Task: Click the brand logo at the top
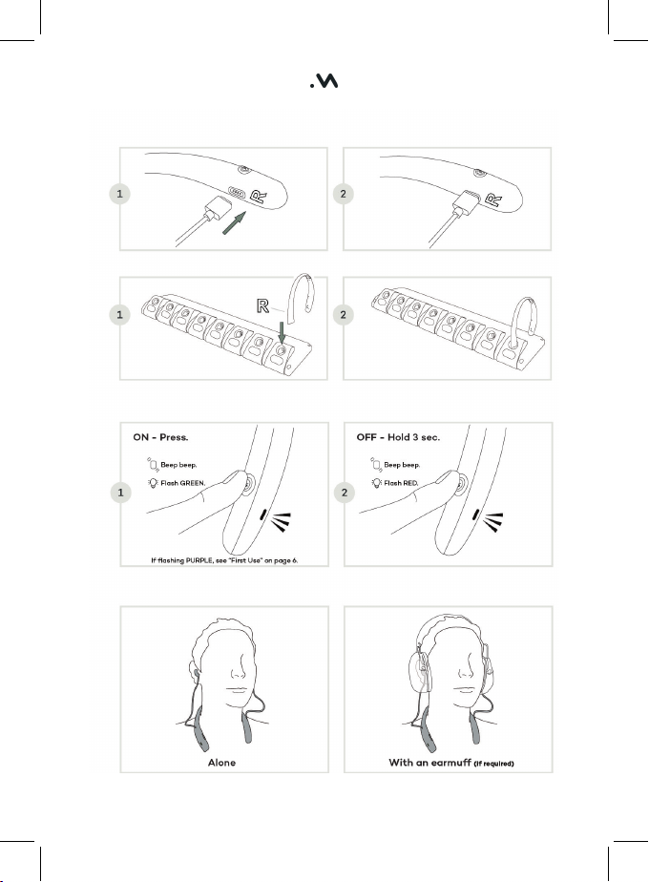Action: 324,81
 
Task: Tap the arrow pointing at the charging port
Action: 235,222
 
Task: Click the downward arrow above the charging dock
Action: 282,332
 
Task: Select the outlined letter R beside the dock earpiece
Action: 262,305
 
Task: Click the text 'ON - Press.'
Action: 161,437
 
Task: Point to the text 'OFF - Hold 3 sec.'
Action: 398,437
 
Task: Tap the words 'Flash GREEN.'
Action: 183,483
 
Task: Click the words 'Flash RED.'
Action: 401,483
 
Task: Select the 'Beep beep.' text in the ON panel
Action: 178,465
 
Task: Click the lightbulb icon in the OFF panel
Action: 376,483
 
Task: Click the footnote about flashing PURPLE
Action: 224,560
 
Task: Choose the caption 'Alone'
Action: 221,763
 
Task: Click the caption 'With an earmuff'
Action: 429,763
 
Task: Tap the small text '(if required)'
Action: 493,764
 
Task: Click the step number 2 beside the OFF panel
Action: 345,493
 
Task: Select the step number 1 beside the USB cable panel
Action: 119,194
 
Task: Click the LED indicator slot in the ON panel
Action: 263,514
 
